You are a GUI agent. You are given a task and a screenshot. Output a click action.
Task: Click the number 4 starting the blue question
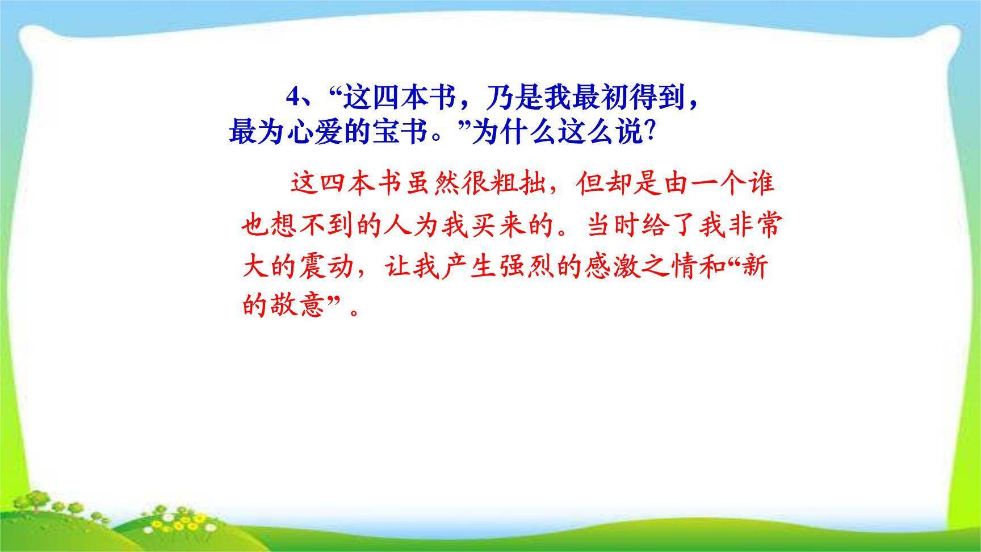pos(292,98)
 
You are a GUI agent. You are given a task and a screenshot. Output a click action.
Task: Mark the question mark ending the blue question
pos(652,133)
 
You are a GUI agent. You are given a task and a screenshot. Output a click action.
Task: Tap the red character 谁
pos(760,185)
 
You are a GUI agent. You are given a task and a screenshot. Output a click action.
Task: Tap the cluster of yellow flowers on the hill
pos(182,517)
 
